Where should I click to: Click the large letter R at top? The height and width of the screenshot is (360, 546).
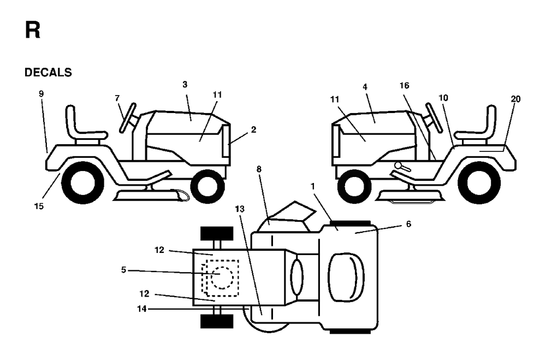pos(32,30)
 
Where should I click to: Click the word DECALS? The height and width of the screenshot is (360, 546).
pos(48,73)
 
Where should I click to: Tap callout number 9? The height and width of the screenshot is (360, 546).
pos(41,93)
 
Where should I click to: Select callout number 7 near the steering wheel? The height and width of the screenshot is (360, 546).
pos(117,98)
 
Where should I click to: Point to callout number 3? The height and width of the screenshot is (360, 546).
pos(185,84)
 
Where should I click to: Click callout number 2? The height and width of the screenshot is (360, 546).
pos(253,129)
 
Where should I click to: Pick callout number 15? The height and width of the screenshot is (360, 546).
pos(39,206)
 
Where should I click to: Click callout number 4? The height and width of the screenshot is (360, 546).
pos(365,87)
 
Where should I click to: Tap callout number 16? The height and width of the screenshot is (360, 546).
pos(404,85)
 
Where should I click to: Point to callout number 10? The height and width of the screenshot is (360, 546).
pos(443,98)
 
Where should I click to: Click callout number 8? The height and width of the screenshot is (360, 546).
pos(259,169)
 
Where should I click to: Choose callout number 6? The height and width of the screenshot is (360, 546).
pos(408,224)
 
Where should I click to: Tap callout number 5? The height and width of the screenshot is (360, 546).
pos(123,270)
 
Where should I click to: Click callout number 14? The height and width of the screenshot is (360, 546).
pos(142,309)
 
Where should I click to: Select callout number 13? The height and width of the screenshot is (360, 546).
pos(240,209)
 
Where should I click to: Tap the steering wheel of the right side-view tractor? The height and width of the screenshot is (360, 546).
pos(434,118)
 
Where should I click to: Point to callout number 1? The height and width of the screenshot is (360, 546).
pos(313,187)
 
